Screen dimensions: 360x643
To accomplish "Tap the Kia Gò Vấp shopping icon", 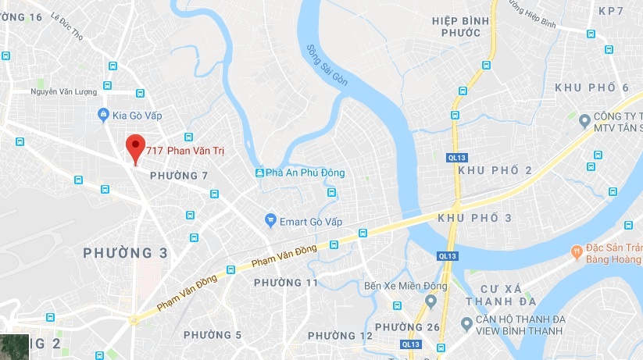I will (103, 115).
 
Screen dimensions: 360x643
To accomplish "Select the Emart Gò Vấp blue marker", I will (270, 220).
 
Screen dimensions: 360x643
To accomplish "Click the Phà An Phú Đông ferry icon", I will (259, 173).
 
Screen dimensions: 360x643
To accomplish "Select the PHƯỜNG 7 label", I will (179, 176).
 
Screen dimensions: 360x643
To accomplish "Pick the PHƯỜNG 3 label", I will (126, 253).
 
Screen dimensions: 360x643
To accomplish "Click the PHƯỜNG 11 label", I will (286, 282).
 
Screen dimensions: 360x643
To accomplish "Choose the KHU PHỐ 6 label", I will (591, 87).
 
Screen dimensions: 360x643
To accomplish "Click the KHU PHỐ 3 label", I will (475, 218).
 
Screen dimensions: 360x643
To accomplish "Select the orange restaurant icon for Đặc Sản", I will (575, 252).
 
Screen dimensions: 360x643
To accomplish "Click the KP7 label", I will (611, 11).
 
